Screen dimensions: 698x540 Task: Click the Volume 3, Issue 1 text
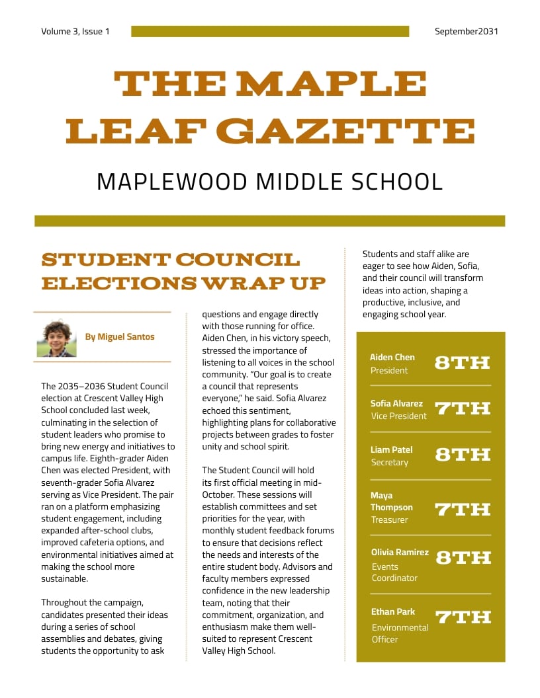point(75,31)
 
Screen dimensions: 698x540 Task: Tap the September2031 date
point(467,31)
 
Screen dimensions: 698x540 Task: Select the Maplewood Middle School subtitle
point(269,181)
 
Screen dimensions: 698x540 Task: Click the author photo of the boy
point(56,338)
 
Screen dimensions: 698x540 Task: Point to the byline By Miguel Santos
point(119,336)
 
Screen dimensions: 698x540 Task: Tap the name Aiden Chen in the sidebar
point(392,357)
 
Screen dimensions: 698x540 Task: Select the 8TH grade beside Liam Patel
point(462,455)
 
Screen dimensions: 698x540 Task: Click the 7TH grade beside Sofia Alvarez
point(462,408)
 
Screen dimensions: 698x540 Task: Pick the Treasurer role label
point(389,520)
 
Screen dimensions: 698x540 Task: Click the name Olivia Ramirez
point(400,552)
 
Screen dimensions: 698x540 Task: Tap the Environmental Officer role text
point(400,633)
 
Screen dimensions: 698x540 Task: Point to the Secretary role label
point(389,462)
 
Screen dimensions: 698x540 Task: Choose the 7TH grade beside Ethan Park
point(463,617)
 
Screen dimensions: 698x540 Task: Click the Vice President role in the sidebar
point(399,416)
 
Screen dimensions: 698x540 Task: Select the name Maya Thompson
point(392,501)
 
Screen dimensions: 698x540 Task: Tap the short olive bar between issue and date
point(270,31)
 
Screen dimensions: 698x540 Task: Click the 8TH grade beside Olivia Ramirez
point(463,558)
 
